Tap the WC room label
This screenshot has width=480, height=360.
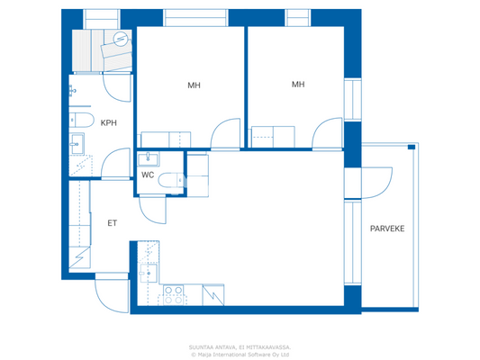[x=148, y=175]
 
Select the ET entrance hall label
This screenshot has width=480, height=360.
[x=113, y=222]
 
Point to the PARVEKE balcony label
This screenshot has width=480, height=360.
[x=386, y=229]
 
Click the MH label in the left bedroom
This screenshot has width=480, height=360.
[x=194, y=86]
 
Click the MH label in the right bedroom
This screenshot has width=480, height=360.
[x=298, y=85]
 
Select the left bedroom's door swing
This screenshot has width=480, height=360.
[x=222, y=136]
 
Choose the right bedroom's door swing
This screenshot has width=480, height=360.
[x=324, y=134]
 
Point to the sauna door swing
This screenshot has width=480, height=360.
[x=117, y=87]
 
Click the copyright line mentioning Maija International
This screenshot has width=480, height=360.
[x=240, y=354]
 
